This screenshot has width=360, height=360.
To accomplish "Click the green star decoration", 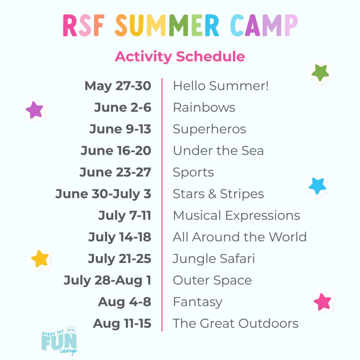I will (x=320, y=73).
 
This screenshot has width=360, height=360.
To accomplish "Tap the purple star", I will (x=34, y=110).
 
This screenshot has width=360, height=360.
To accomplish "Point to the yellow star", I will (x=40, y=259).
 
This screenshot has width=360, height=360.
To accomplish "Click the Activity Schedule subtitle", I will (x=180, y=57).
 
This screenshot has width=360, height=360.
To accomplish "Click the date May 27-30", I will (x=118, y=86).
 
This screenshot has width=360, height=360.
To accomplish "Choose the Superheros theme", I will (x=209, y=129).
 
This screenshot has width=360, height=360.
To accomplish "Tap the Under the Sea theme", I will (x=218, y=151).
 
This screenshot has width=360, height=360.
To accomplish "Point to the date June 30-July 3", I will (x=103, y=194).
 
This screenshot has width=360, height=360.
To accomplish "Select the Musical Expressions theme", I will (x=236, y=216).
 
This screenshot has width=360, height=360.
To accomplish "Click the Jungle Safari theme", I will (x=214, y=259).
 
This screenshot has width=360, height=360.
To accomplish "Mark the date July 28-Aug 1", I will (x=107, y=281).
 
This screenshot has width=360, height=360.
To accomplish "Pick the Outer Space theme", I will (x=212, y=281).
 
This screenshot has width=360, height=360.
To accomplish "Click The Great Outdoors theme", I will (x=235, y=324).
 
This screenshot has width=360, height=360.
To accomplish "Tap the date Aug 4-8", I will (x=124, y=302).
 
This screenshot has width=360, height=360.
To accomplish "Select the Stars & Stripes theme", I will (x=218, y=194).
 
